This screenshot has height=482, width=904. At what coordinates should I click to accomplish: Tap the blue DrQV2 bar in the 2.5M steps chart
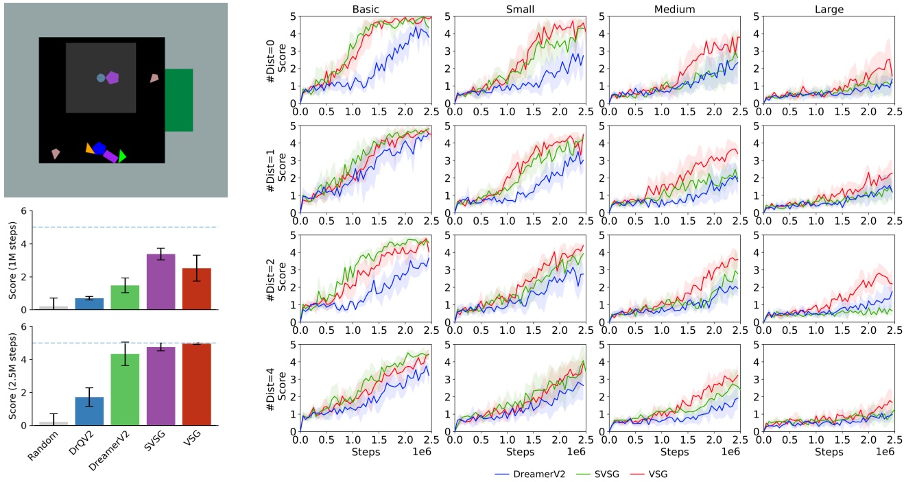pos(88,411)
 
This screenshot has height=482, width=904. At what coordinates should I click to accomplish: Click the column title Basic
pos(366,9)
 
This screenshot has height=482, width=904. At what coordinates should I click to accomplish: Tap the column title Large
pos(829,9)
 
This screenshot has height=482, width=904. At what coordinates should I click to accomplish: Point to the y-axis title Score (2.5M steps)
pos(13,376)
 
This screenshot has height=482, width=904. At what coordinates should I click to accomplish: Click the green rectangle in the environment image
pos(178,99)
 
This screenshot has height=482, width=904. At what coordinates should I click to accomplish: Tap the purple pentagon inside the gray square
pos(112,77)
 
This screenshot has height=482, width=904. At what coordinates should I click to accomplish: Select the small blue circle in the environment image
pos(101,78)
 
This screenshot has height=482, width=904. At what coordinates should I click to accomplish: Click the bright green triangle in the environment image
pos(122,156)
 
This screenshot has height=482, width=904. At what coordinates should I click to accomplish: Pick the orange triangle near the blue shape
pos(89,147)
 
